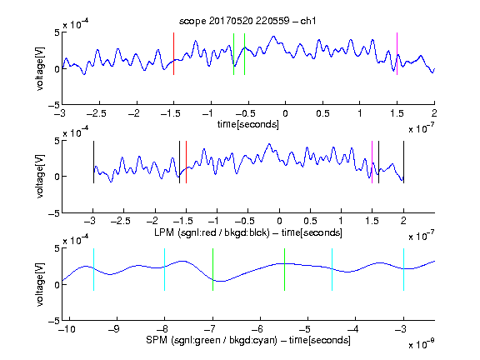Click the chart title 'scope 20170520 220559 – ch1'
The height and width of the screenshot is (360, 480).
click(x=247, y=21)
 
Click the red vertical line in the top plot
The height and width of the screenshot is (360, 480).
click(x=173, y=53)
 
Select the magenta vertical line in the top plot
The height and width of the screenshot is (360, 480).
click(x=397, y=53)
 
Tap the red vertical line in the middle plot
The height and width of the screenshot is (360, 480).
click(x=186, y=162)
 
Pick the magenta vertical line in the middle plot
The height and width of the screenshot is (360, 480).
click(x=372, y=162)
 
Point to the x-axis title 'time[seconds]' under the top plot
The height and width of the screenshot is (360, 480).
click(x=248, y=124)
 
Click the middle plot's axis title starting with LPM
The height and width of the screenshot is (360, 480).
click(x=248, y=232)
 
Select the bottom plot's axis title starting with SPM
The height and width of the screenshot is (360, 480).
click(x=248, y=340)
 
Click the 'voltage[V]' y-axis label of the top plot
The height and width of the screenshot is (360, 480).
click(x=40, y=69)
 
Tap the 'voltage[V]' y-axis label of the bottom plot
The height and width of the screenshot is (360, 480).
click(x=40, y=284)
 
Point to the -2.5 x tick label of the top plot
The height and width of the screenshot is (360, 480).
click(x=96, y=113)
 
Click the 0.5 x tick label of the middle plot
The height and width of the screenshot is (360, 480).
click(x=310, y=221)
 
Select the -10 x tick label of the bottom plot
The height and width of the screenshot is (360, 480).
click(x=67, y=329)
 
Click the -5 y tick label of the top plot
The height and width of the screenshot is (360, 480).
click(x=54, y=105)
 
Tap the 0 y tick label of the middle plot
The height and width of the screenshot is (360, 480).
click(x=57, y=177)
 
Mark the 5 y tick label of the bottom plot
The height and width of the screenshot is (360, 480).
click(x=57, y=248)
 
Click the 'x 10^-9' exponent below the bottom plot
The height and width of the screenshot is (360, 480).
click(x=422, y=344)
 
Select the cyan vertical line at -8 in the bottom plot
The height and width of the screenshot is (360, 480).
click(x=165, y=269)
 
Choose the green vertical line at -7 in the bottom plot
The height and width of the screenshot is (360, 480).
click(x=212, y=269)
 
